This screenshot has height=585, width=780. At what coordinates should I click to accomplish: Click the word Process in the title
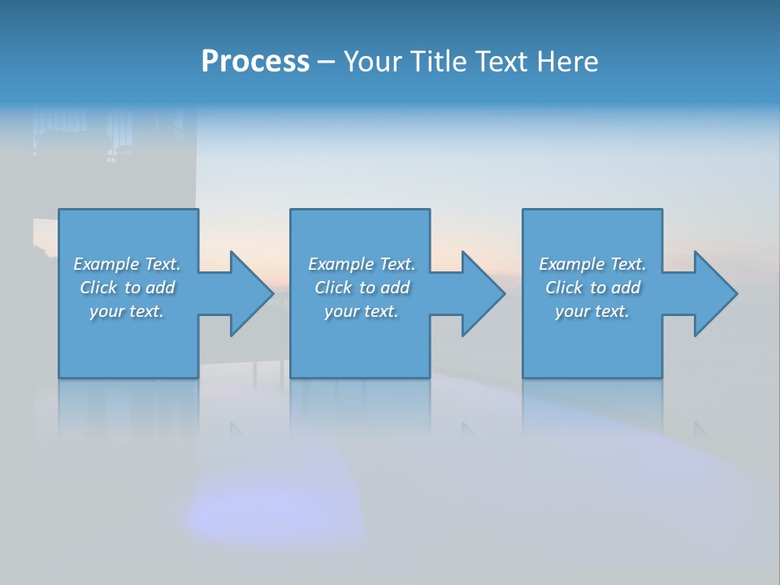click(x=255, y=62)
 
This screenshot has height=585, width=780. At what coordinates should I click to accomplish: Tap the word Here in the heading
click(x=566, y=62)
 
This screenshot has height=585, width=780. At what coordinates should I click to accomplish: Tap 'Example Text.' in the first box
click(x=127, y=264)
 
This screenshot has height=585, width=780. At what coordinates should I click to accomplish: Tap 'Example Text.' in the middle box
click(x=361, y=264)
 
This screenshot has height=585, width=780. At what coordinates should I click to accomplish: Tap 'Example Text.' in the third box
click(x=592, y=264)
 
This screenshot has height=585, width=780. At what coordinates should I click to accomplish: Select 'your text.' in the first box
click(x=127, y=311)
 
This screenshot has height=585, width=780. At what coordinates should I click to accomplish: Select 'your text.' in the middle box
click(x=361, y=311)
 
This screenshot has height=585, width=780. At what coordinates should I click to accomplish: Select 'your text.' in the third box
click(x=592, y=311)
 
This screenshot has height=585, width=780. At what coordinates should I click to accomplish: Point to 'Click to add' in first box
click(x=127, y=288)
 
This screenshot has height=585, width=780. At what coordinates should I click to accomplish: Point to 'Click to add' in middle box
click(x=361, y=288)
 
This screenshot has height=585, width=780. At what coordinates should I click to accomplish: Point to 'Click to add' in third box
click(x=592, y=288)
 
